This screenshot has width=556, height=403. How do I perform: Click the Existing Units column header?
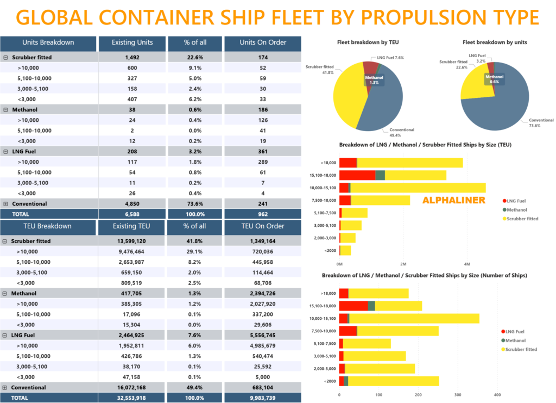(x=132, y=42)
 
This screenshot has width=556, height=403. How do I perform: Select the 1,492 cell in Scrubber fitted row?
(x=132, y=57)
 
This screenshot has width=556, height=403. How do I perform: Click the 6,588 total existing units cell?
(x=132, y=214)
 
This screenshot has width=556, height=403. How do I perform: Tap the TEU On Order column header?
(x=263, y=226)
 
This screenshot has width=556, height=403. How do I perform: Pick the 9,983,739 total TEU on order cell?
(x=263, y=398)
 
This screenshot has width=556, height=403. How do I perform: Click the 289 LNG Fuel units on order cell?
(x=263, y=162)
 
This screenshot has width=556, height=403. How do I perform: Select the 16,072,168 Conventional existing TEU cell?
(x=132, y=387)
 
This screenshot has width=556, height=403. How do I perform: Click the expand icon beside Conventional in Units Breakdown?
(x=5, y=204)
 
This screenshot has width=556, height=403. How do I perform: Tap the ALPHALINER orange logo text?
(x=454, y=200)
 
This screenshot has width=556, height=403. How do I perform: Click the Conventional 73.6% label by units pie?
(x=541, y=123)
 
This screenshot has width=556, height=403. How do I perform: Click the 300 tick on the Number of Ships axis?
(x=458, y=395)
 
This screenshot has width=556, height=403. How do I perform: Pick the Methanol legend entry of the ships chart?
(x=515, y=340)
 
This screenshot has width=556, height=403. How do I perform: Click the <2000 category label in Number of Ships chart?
(x=330, y=381)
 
